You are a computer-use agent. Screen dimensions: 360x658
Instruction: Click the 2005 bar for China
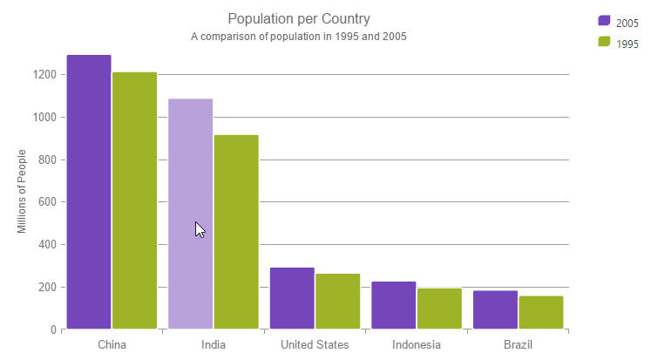pos(89,192)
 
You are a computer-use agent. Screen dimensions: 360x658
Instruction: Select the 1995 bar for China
pos(134,200)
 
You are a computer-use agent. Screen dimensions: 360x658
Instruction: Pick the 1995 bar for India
pos(236,232)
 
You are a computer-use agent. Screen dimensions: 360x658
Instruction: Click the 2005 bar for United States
pos(292,298)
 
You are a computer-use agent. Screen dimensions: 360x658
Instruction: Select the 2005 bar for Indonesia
pos(393,305)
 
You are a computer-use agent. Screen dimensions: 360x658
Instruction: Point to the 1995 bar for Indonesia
pos(439,309)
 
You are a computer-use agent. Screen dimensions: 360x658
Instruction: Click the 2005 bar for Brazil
pos(495,309)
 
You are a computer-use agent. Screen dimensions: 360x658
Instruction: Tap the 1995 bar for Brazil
pos(540,312)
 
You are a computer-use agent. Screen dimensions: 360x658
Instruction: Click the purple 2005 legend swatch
pos(604,21)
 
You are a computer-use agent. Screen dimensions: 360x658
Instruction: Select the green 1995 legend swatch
pos(604,42)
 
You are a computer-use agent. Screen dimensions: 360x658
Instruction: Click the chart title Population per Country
pos(299,18)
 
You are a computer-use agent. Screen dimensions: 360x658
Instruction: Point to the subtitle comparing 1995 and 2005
pos(299,37)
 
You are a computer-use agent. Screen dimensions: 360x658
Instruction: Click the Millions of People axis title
pos(22,191)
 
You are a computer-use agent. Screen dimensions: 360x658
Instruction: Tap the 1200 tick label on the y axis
pos(44,75)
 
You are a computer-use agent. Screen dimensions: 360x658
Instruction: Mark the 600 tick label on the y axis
pos(47,202)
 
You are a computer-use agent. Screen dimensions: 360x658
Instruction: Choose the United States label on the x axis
pos(315,344)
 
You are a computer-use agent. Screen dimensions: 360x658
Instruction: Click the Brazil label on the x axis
pos(518,344)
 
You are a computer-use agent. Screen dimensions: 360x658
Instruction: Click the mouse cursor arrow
pos(200,229)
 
